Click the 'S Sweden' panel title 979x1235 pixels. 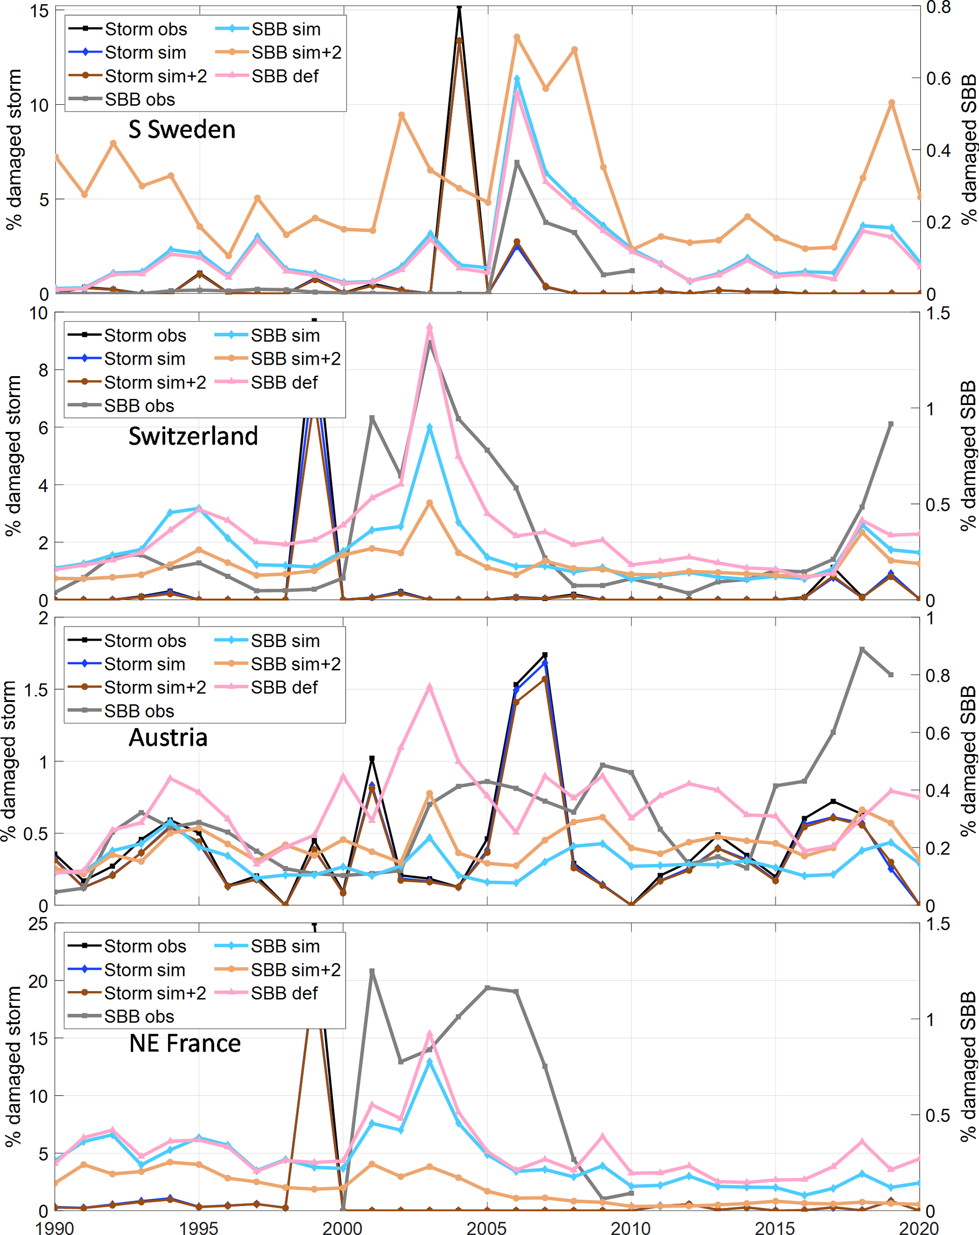pos(181,129)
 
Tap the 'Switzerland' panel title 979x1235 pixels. pos(193,436)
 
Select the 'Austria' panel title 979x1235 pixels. pos(168,737)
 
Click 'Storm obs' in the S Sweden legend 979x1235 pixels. pos(145,29)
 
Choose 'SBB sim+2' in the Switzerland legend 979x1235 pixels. pos(296,359)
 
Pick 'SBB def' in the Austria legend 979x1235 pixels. pos(284,687)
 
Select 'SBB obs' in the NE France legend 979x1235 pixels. pos(139,1016)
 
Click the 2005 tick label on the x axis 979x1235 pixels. pos(487,1227)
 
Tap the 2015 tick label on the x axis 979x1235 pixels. pos(775,1227)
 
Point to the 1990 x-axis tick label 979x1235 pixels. pos(54,1227)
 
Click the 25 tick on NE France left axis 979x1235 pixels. pos(38,925)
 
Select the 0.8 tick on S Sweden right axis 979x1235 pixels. pos(938,8)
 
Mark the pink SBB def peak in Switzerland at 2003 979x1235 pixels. pos(430,327)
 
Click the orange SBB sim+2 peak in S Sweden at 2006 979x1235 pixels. pos(517,37)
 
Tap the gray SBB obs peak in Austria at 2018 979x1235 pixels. pos(862,649)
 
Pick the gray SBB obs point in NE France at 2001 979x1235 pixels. pos(372,972)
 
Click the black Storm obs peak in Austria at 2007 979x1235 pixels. pos(545,655)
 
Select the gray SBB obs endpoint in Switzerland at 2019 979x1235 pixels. pos(891,424)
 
